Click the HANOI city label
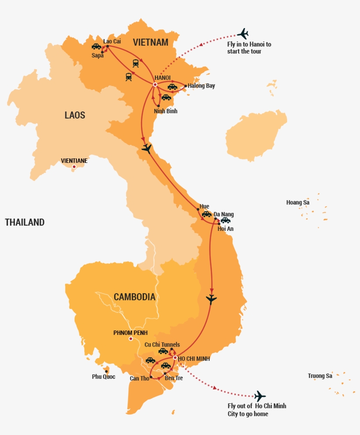click(162, 78)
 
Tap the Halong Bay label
click(201, 86)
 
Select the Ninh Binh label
click(166, 111)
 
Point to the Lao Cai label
click(112, 41)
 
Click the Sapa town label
click(97, 55)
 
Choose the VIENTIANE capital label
click(74, 161)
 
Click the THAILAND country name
click(25, 222)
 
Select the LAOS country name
click(75, 115)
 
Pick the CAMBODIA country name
click(134, 297)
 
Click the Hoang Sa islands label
click(298, 202)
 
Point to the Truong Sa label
click(320, 376)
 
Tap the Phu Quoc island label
click(104, 377)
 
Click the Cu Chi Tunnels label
click(162, 345)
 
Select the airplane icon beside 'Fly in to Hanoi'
click(242, 34)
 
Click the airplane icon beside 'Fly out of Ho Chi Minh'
click(260, 396)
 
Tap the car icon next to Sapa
click(96, 47)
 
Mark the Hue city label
click(204, 206)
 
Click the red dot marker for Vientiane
click(74, 167)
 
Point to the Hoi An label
click(225, 228)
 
